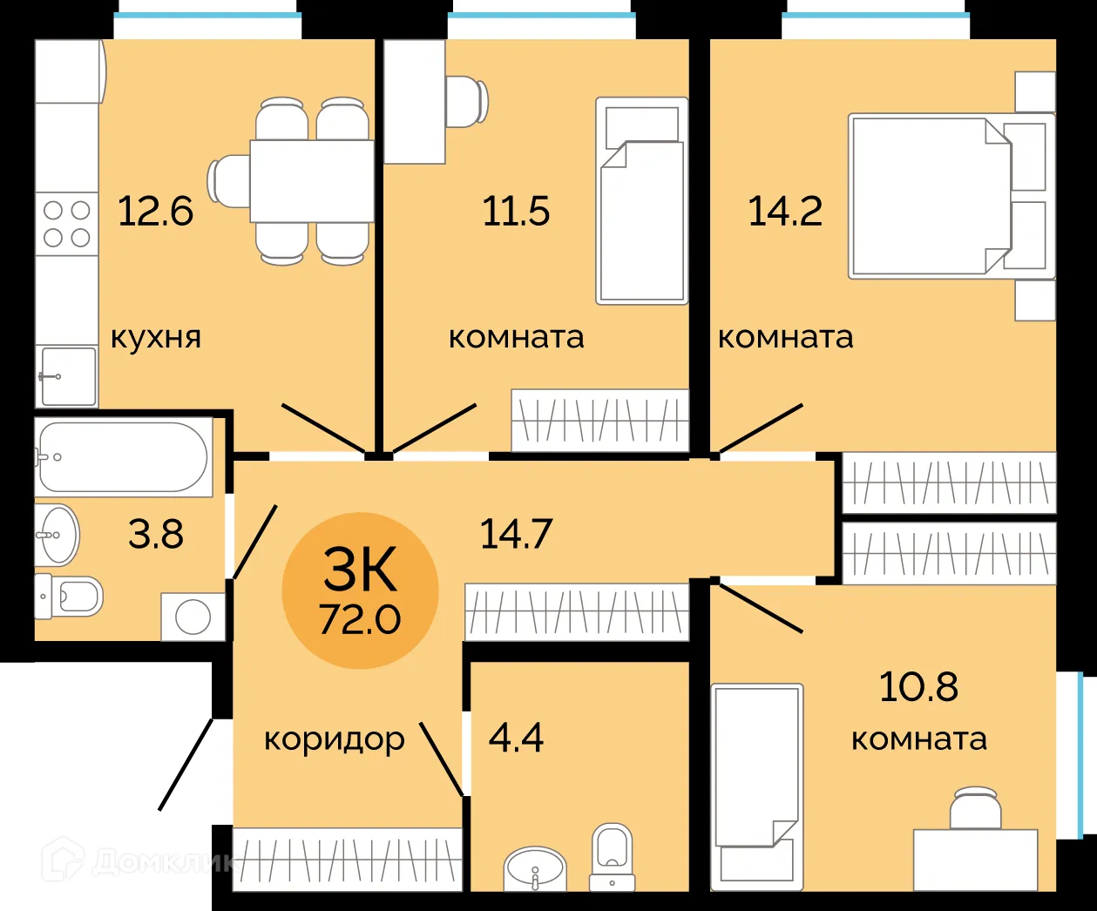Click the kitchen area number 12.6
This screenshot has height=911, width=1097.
pyautogui.click(x=155, y=212)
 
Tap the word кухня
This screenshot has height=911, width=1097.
pyautogui.click(x=156, y=337)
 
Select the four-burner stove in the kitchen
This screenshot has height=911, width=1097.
pyautogui.click(x=67, y=223)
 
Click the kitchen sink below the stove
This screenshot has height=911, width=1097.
pyautogui.click(x=67, y=375)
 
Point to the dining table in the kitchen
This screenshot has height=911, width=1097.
pyautogui.click(x=312, y=181)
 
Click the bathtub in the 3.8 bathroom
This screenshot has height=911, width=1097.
pyautogui.click(x=124, y=457)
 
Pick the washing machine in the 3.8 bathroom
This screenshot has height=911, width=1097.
pyautogui.click(x=193, y=617)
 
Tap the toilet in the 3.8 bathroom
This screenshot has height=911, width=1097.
pyautogui.click(x=71, y=596)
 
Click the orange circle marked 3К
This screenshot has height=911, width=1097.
pyautogui.click(x=360, y=590)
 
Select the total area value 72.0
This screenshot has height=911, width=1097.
pyautogui.click(x=360, y=620)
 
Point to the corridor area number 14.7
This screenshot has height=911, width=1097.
pyautogui.click(x=517, y=533)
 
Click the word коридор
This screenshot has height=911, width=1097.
pyautogui.click(x=335, y=739)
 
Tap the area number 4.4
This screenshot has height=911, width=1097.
pyautogui.click(x=517, y=739)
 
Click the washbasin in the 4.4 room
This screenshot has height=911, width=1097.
pyautogui.click(x=535, y=868)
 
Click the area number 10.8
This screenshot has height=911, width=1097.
pyautogui.click(x=918, y=686)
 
